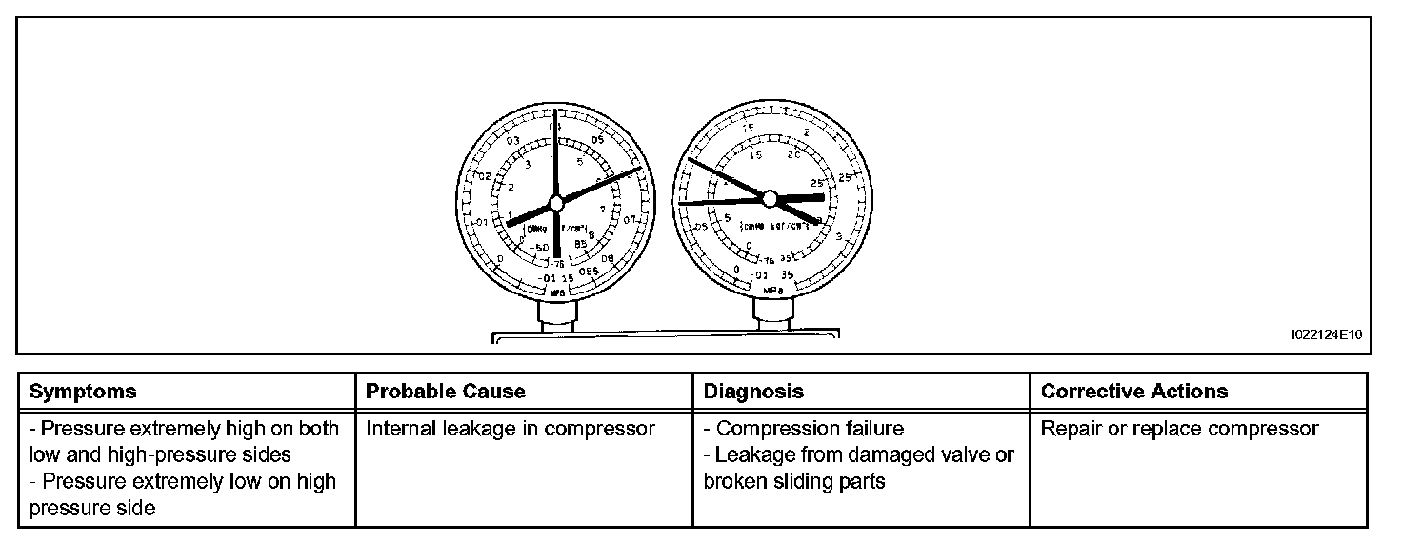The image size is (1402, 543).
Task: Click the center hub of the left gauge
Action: pyautogui.click(x=555, y=203)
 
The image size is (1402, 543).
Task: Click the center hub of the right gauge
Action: pyautogui.click(x=770, y=198)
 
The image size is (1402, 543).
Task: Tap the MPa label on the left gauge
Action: pyautogui.click(x=558, y=292)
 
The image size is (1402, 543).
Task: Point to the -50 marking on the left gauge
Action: pyautogui.click(x=540, y=248)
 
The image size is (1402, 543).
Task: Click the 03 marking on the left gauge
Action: pyautogui.click(x=512, y=141)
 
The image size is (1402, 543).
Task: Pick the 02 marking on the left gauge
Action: pyautogui.click(x=485, y=177)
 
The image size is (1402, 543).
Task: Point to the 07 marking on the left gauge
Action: pyautogui.click(x=631, y=220)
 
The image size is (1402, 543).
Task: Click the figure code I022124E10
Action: pyautogui.click(x=1328, y=335)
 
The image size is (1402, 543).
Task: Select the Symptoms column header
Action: pyautogui.click(x=83, y=392)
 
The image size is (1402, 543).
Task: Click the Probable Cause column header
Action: pyautogui.click(x=446, y=392)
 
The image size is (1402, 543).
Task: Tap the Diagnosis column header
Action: pyautogui.click(x=753, y=392)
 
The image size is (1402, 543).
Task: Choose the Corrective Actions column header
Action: pyautogui.click(x=1134, y=392)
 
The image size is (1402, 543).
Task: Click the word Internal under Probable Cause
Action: pyautogui.click(x=402, y=429)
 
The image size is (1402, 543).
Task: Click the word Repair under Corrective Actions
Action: pyautogui.click(x=1070, y=429)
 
